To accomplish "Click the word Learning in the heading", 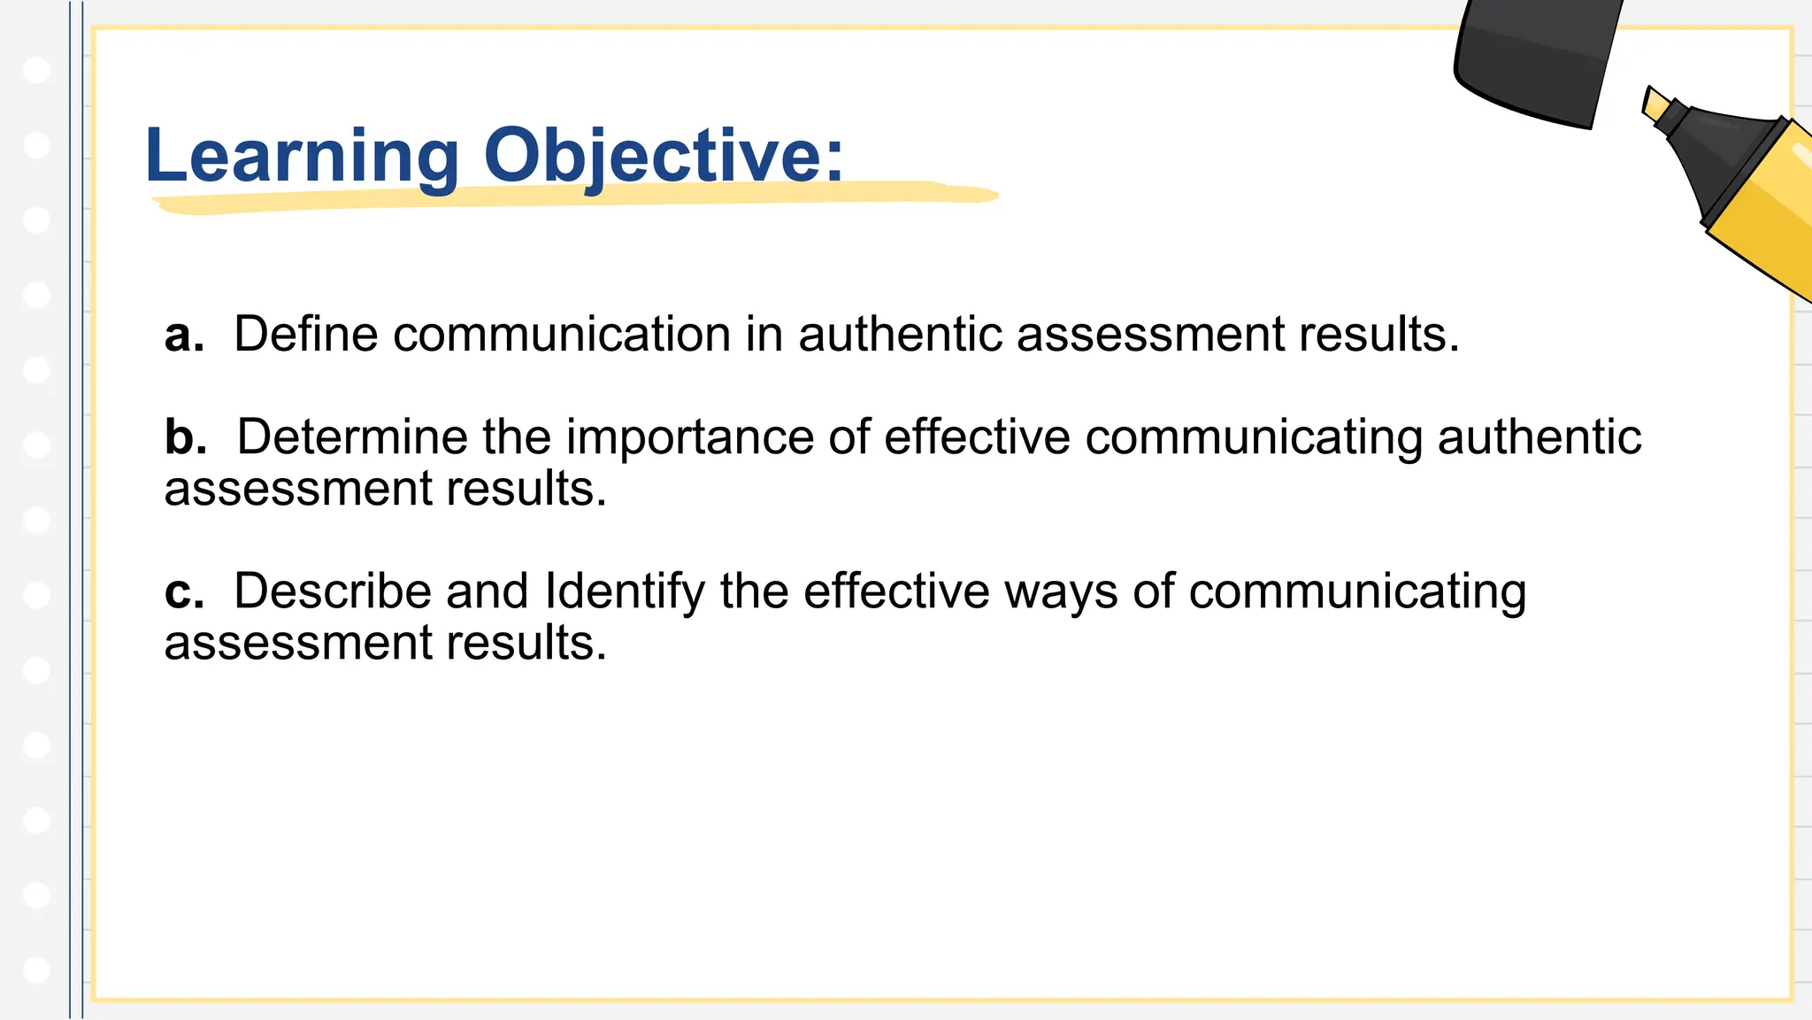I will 301,156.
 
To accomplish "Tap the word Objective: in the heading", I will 664,156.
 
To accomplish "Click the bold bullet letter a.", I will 183,336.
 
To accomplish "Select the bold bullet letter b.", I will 185,437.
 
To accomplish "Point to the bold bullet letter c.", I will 183,591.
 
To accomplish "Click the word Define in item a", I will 305,335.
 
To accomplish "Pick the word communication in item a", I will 562,335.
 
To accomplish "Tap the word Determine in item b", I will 350,437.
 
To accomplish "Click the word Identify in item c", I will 624,591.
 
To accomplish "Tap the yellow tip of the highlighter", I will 1655,104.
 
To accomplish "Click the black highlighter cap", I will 1535,62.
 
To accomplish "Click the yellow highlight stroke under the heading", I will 575,198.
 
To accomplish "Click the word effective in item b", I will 977,437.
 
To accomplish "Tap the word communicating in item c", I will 1357,593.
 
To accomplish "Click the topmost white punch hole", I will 36,70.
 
